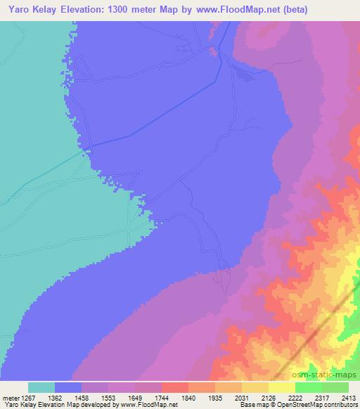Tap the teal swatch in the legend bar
41,387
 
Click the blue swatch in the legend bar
68,387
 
